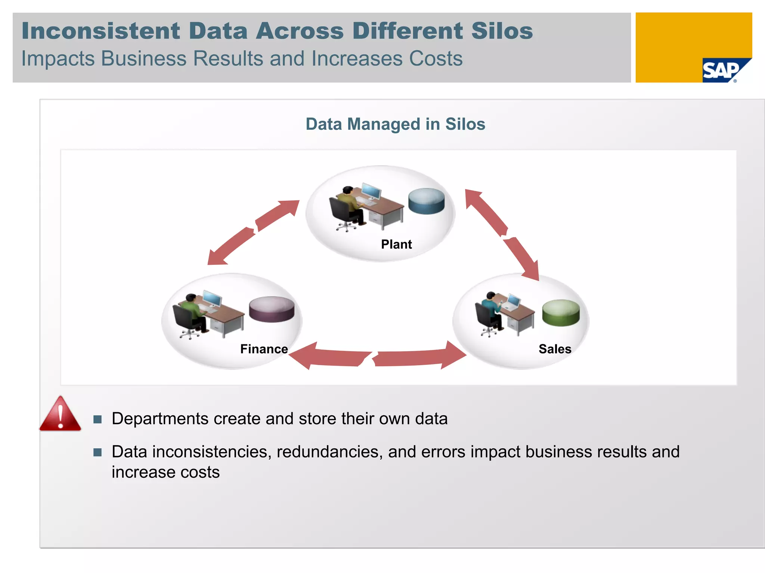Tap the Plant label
[x=396, y=244]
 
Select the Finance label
[x=264, y=349]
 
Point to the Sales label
[x=555, y=349]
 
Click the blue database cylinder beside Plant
[x=426, y=201]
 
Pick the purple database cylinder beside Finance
[x=272, y=309]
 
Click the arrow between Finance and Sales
[x=377, y=356]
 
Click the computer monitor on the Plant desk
[x=371, y=191]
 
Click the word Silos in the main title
[x=502, y=31]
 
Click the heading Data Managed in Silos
[x=395, y=124]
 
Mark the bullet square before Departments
[x=97, y=419]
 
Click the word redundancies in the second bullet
[x=329, y=452]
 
